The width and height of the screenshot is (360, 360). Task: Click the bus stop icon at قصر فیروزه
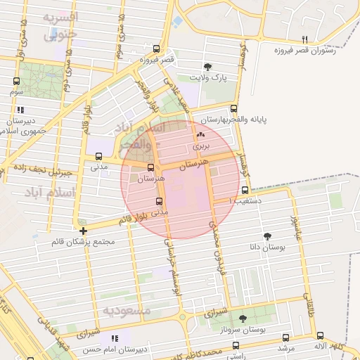click(x=155, y=49)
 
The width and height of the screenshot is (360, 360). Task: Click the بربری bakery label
click(x=201, y=147)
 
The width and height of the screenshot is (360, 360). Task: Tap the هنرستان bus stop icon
click(x=150, y=167)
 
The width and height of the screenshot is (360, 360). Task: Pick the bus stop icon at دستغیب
click(x=245, y=190)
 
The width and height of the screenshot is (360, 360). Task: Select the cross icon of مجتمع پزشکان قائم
click(x=83, y=230)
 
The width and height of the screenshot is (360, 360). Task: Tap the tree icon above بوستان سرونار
click(x=243, y=319)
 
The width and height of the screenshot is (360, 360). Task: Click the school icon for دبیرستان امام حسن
click(x=105, y=339)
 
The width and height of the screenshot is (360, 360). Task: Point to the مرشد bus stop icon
click(x=285, y=337)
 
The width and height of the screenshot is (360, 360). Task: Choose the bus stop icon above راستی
click(x=235, y=345)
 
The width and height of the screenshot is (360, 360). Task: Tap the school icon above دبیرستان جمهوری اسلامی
click(x=20, y=110)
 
